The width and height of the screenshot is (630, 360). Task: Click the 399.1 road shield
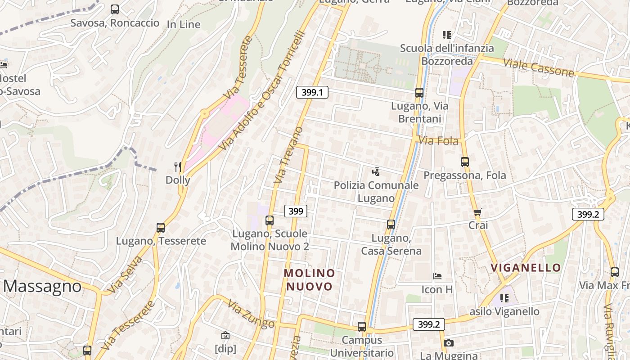(x=312, y=93)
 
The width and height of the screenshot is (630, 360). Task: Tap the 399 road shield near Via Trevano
(x=296, y=211)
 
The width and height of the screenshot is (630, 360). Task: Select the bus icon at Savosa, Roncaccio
(x=115, y=9)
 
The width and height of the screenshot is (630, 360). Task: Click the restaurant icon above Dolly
(x=178, y=167)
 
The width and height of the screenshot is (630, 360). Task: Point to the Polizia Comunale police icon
(x=376, y=171)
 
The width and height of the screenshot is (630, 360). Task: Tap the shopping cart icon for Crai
(x=477, y=212)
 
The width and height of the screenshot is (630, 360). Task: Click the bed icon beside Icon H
(x=437, y=276)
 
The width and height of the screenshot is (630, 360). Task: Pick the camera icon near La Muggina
(x=448, y=343)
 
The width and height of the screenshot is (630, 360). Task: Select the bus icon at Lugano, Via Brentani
(x=419, y=93)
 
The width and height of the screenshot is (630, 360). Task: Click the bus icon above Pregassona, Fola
(x=465, y=162)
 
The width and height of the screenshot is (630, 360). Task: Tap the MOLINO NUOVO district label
(x=310, y=279)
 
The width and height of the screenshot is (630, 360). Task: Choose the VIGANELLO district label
(x=526, y=268)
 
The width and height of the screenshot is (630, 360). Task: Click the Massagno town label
(x=43, y=286)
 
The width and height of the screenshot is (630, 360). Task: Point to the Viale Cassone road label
(x=538, y=67)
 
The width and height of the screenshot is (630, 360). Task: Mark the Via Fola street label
(x=438, y=141)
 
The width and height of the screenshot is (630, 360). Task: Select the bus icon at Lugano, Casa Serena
(x=391, y=224)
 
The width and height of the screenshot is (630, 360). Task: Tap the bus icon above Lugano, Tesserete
(x=161, y=228)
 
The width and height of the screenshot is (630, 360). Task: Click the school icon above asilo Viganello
(x=504, y=298)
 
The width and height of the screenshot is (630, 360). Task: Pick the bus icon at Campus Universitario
(x=362, y=327)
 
